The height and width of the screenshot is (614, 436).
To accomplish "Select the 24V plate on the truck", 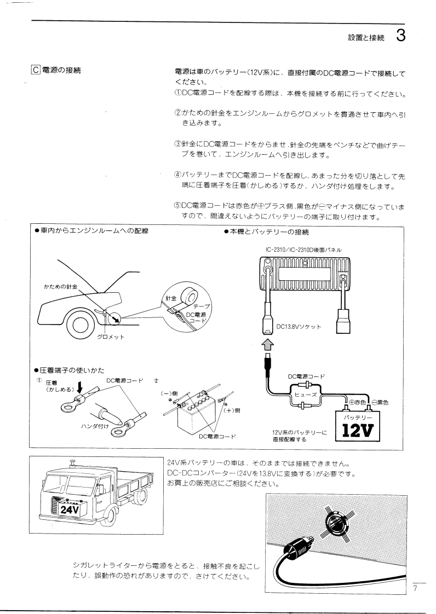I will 70,509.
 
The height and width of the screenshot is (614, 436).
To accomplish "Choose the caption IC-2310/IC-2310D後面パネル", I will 303,250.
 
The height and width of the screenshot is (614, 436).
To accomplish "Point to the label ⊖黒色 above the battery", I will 380,403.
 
